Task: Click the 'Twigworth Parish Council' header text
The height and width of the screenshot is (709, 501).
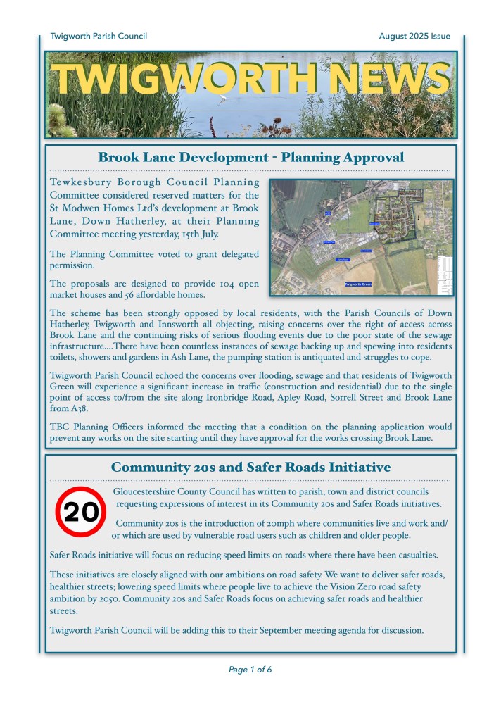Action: [99, 36]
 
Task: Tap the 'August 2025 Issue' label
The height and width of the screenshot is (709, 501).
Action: [414, 36]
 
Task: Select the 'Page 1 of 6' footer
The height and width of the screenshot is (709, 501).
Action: [250, 670]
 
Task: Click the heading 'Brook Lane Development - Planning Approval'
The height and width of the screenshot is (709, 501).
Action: [250, 157]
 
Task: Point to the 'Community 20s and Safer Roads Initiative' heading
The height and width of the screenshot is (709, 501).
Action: [250, 467]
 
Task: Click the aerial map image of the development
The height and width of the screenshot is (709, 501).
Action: [362, 237]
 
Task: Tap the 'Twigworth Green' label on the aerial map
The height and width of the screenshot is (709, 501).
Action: [362, 284]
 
